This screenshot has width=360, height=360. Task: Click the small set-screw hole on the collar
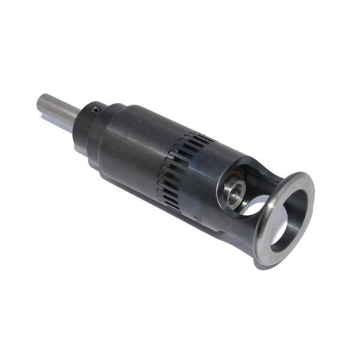95,110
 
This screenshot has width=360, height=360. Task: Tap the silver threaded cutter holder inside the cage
235,191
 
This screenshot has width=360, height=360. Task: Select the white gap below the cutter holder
252,210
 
